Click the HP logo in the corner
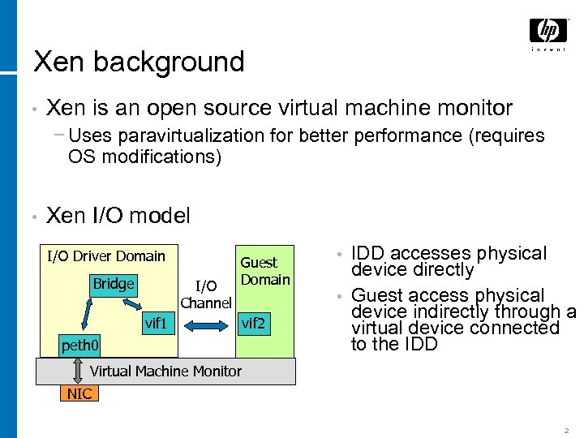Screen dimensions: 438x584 (x=548, y=33)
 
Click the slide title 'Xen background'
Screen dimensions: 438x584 (x=139, y=62)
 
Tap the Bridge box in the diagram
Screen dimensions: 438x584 (x=114, y=284)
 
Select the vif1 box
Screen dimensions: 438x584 (x=156, y=324)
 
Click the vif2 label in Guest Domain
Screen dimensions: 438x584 (x=253, y=324)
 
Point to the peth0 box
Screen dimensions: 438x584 (x=80, y=347)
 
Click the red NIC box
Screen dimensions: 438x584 (x=79, y=394)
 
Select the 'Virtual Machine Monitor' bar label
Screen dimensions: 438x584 (x=165, y=371)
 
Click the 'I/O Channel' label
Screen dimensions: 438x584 (x=206, y=294)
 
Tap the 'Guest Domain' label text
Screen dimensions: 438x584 (x=264, y=271)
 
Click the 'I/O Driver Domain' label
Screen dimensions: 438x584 (x=105, y=256)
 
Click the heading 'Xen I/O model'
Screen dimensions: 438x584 (x=118, y=216)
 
